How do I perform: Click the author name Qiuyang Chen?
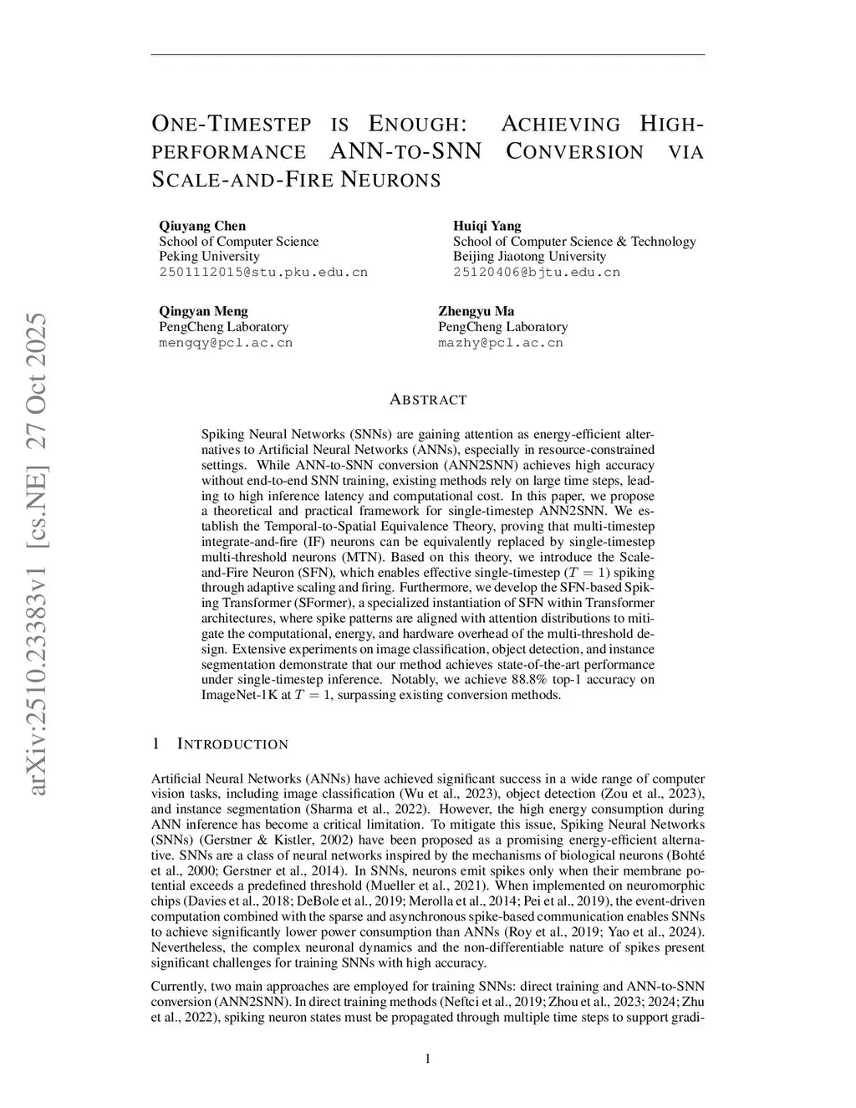pyautogui.click(x=202, y=226)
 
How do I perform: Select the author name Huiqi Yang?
pyautogui.click(x=487, y=226)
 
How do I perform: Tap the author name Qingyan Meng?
pyautogui.click(x=203, y=311)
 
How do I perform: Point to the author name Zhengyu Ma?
pyautogui.click(x=476, y=311)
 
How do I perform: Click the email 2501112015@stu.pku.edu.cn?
pyautogui.click(x=263, y=273)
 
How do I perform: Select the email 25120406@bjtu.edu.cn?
pyautogui.click(x=537, y=273)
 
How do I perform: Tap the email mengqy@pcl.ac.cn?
pyautogui.click(x=226, y=343)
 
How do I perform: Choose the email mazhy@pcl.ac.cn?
pyautogui.click(x=500, y=343)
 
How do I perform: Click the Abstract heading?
pyautogui.click(x=427, y=400)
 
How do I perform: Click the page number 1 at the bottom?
pyautogui.click(x=428, y=1059)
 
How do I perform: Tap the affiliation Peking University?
pyautogui.click(x=209, y=257)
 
